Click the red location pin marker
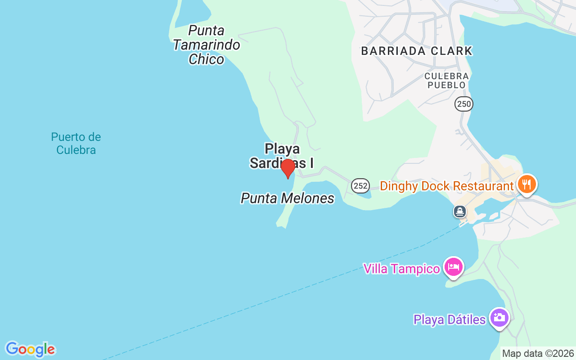pyautogui.click(x=288, y=168)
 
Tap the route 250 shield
pyautogui.click(x=463, y=104)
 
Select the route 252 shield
pyautogui.click(x=360, y=185)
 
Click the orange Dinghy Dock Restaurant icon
pyautogui.click(x=526, y=184)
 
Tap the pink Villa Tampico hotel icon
pyautogui.click(x=454, y=267)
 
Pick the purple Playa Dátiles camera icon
pyautogui.click(x=499, y=318)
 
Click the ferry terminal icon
pyautogui.click(x=460, y=211)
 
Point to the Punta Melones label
pyautogui.click(x=288, y=198)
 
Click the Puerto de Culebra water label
pyautogui.click(x=76, y=143)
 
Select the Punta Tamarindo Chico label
pyautogui.click(x=207, y=45)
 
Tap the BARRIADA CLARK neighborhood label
pyautogui.click(x=417, y=51)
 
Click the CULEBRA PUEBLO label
pyautogui.click(x=446, y=81)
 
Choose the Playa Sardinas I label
pyautogui.click(x=282, y=155)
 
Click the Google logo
pyautogui.click(x=30, y=349)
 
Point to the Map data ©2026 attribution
pyautogui.click(x=538, y=354)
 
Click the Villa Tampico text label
pyautogui.click(x=401, y=269)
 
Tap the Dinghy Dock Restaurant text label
pyautogui.click(x=446, y=186)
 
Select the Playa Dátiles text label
pyautogui.click(x=450, y=319)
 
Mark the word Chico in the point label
pyautogui.click(x=207, y=59)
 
